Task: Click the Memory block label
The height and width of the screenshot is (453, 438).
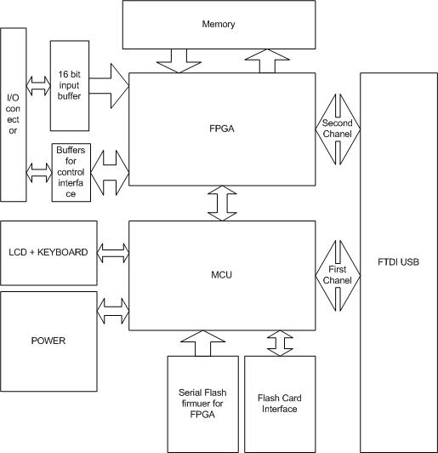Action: (x=219, y=24)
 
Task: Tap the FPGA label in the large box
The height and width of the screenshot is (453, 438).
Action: (x=222, y=129)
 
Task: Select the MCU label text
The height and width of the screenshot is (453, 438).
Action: (x=222, y=274)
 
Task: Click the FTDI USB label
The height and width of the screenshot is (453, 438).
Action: (x=398, y=262)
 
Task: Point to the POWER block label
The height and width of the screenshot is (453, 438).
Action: (x=48, y=341)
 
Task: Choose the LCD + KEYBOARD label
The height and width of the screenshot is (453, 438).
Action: (x=48, y=252)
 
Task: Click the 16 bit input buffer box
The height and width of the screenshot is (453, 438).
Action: (x=70, y=86)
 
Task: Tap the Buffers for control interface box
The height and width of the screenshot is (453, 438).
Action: (x=71, y=173)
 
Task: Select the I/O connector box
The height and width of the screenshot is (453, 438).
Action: (x=14, y=115)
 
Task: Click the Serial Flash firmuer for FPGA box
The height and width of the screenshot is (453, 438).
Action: (x=203, y=404)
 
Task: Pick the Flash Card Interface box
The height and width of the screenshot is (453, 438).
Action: (x=280, y=404)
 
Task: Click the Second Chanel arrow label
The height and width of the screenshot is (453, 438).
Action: (x=338, y=129)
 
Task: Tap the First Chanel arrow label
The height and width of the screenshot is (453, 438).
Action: (x=338, y=275)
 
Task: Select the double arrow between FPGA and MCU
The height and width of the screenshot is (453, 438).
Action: (x=222, y=204)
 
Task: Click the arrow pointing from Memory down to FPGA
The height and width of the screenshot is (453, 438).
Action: (x=179, y=60)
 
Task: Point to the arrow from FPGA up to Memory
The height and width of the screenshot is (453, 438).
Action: (x=267, y=60)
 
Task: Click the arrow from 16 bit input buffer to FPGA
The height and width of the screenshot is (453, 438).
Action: (x=109, y=86)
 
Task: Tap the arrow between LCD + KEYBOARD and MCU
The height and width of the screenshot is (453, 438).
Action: (x=113, y=253)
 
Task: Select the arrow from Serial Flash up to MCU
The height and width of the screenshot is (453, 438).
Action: (x=203, y=343)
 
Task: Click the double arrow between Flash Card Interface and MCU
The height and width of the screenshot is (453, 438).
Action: (x=280, y=343)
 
